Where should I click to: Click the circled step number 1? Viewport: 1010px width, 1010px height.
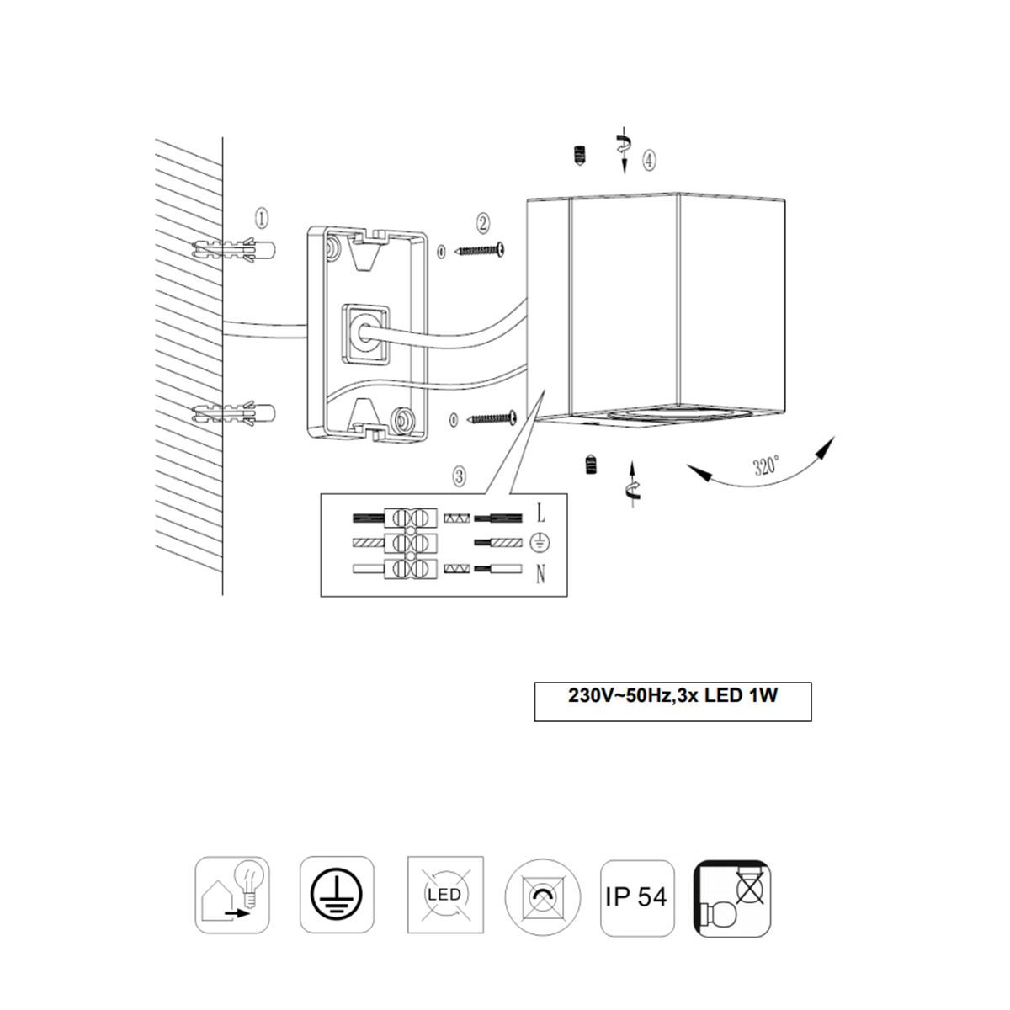coord(261,219)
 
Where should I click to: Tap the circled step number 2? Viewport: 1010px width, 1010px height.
coord(482,223)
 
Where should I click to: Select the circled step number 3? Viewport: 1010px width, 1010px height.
coord(460,476)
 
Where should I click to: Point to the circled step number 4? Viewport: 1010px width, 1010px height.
coord(649,160)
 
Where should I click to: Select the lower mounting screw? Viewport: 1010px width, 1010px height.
coord(492,417)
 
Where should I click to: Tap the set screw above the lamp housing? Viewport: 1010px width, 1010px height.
coord(579,156)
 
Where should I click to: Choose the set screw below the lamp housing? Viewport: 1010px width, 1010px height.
coord(593,465)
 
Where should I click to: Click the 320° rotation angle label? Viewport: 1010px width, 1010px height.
coord(766,465)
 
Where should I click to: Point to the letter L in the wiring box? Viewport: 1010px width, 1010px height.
coord(541,513)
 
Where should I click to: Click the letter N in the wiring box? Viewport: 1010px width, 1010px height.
coord(541,576)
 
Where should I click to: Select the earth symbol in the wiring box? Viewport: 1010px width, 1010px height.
coord(540,544)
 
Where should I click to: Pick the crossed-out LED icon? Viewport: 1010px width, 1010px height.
coord(445,895)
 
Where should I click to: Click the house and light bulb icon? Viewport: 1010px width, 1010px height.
coord(232,895)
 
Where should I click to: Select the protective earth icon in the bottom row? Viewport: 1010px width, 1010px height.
coord(337,895)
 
